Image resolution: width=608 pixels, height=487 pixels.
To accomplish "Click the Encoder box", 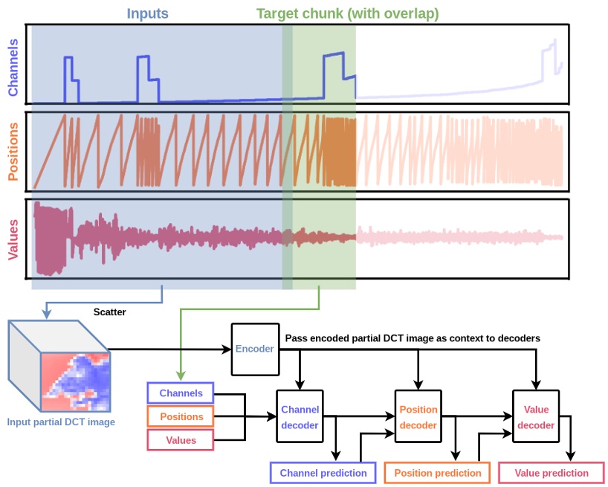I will (x=253, y=349).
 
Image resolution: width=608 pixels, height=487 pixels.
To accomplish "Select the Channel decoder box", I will (x=300, y=417).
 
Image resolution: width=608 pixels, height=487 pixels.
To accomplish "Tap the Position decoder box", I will (x=418, y=417).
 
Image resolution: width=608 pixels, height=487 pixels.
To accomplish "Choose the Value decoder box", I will (x=535, y=417).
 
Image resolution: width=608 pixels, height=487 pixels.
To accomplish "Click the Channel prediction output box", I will (x=323, y=473).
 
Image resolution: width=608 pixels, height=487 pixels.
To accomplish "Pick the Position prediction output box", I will (x=437, y=473).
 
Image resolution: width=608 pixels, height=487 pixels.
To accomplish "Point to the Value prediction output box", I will (x=551, y=473).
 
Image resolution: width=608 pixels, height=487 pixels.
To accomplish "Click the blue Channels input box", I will (x=181, y=392).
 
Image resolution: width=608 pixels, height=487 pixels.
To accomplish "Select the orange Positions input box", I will (x=181, y=416).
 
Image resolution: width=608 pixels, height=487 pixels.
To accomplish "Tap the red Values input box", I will (x=181, y=440).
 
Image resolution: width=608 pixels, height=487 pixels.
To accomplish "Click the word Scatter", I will (x=109, y=312).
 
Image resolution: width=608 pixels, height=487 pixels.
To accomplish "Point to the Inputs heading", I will (x=147, y=13).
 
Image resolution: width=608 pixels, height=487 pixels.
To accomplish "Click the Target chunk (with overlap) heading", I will (x=347, y=13).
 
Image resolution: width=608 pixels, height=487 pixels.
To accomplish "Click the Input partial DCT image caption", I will (x=61, y=422).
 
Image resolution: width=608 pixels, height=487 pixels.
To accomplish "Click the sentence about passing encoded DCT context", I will (x=412, y=338).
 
